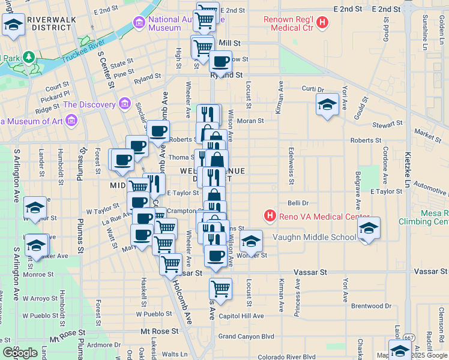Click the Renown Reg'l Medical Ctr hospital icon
point(323,23)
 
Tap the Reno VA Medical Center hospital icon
point(271,215)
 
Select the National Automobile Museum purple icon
point(139,23)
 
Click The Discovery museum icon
point(125,104)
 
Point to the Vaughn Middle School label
point(315,237)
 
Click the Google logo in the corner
point(20,353)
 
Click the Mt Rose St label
point(159,331)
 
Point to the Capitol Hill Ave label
point(241,316)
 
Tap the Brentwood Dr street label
point(371,306)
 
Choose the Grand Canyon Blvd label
point(246,337)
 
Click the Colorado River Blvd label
point(286,357)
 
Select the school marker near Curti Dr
point(327,105)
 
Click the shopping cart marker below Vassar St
point(220,288)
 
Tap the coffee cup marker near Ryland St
point(220,61)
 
